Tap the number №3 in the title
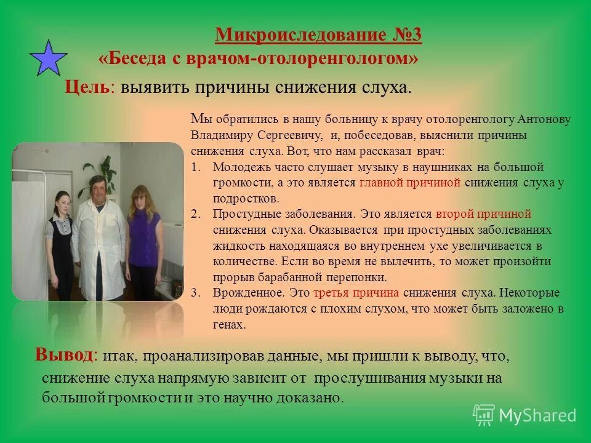tap(405, 35)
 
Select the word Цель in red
tap(87, 87)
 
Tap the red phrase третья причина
tap(356, 293)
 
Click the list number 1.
tap(195, 167)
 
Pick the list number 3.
tap(195, 293)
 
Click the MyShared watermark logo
tap(525, 415)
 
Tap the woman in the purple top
tap(142, 234)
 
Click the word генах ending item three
tap(230, 325)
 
